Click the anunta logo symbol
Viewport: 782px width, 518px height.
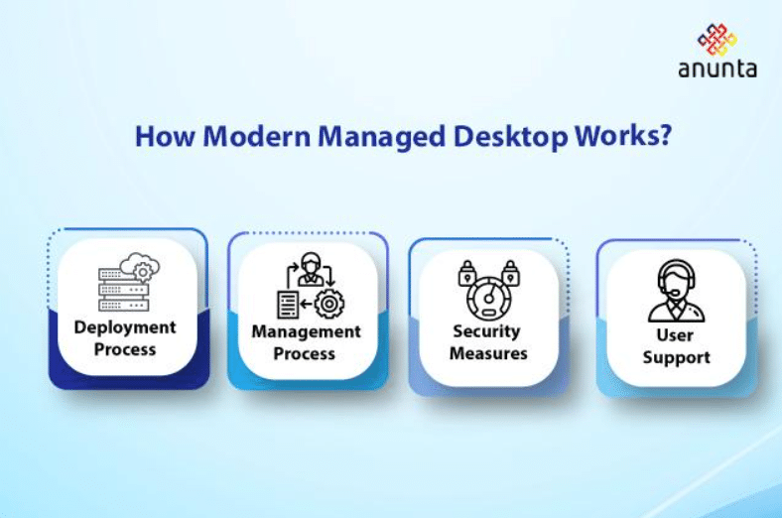tap(717, 40)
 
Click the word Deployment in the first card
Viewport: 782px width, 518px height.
tap(125, 327)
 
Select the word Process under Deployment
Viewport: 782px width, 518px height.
tap(125, 349)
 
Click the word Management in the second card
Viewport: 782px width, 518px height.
tap(306, 331)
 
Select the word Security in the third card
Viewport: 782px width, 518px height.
tap(487, 331)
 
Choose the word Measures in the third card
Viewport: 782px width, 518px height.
tap(487, 353)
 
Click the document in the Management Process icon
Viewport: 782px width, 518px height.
tap(287, 304)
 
